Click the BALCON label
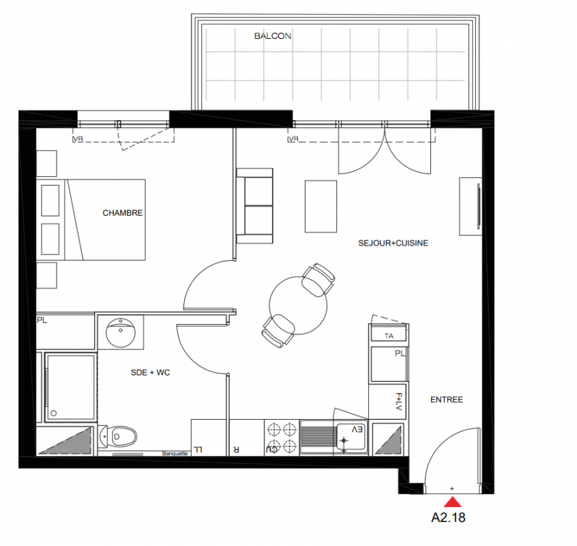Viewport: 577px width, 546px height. coord(273,36)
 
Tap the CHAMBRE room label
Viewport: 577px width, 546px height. coord(123,213)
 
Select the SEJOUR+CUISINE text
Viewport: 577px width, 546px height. coord(394,243)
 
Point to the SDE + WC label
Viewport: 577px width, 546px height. coord(151,373)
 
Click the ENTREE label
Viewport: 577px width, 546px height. coord(447,399)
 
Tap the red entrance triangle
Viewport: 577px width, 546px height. coord(453,502)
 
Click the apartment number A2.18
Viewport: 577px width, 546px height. coord(448,517)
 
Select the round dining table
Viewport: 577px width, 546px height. coord(298,305)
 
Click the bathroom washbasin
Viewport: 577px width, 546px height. coord(120,333)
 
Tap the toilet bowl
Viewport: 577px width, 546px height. coord(119,437)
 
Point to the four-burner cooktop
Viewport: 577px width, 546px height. coord(282,437)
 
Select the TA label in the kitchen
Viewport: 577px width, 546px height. coord(389,336)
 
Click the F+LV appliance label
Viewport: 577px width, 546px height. coord(399,402)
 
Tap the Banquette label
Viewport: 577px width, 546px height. coord(175,453)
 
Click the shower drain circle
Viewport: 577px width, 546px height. coord(54,413)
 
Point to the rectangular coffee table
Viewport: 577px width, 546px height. coord(321,207)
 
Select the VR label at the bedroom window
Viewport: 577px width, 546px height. coord(78,139)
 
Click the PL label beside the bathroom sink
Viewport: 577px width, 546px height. coord(42,320)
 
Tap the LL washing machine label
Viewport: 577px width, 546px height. coord(198,450)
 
